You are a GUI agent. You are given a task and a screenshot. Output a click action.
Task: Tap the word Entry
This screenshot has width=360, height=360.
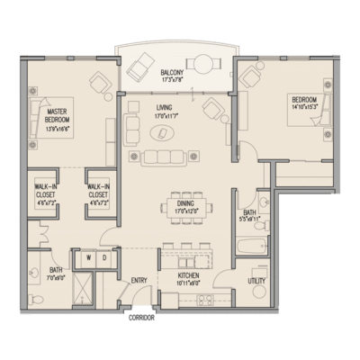[139, 280]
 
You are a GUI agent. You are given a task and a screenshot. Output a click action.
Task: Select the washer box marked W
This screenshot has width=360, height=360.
[89, 258]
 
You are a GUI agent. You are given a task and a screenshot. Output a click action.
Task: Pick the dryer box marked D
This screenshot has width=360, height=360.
[104, 258]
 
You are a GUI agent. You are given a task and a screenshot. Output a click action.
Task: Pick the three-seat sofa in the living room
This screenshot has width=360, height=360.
[166, 157]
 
